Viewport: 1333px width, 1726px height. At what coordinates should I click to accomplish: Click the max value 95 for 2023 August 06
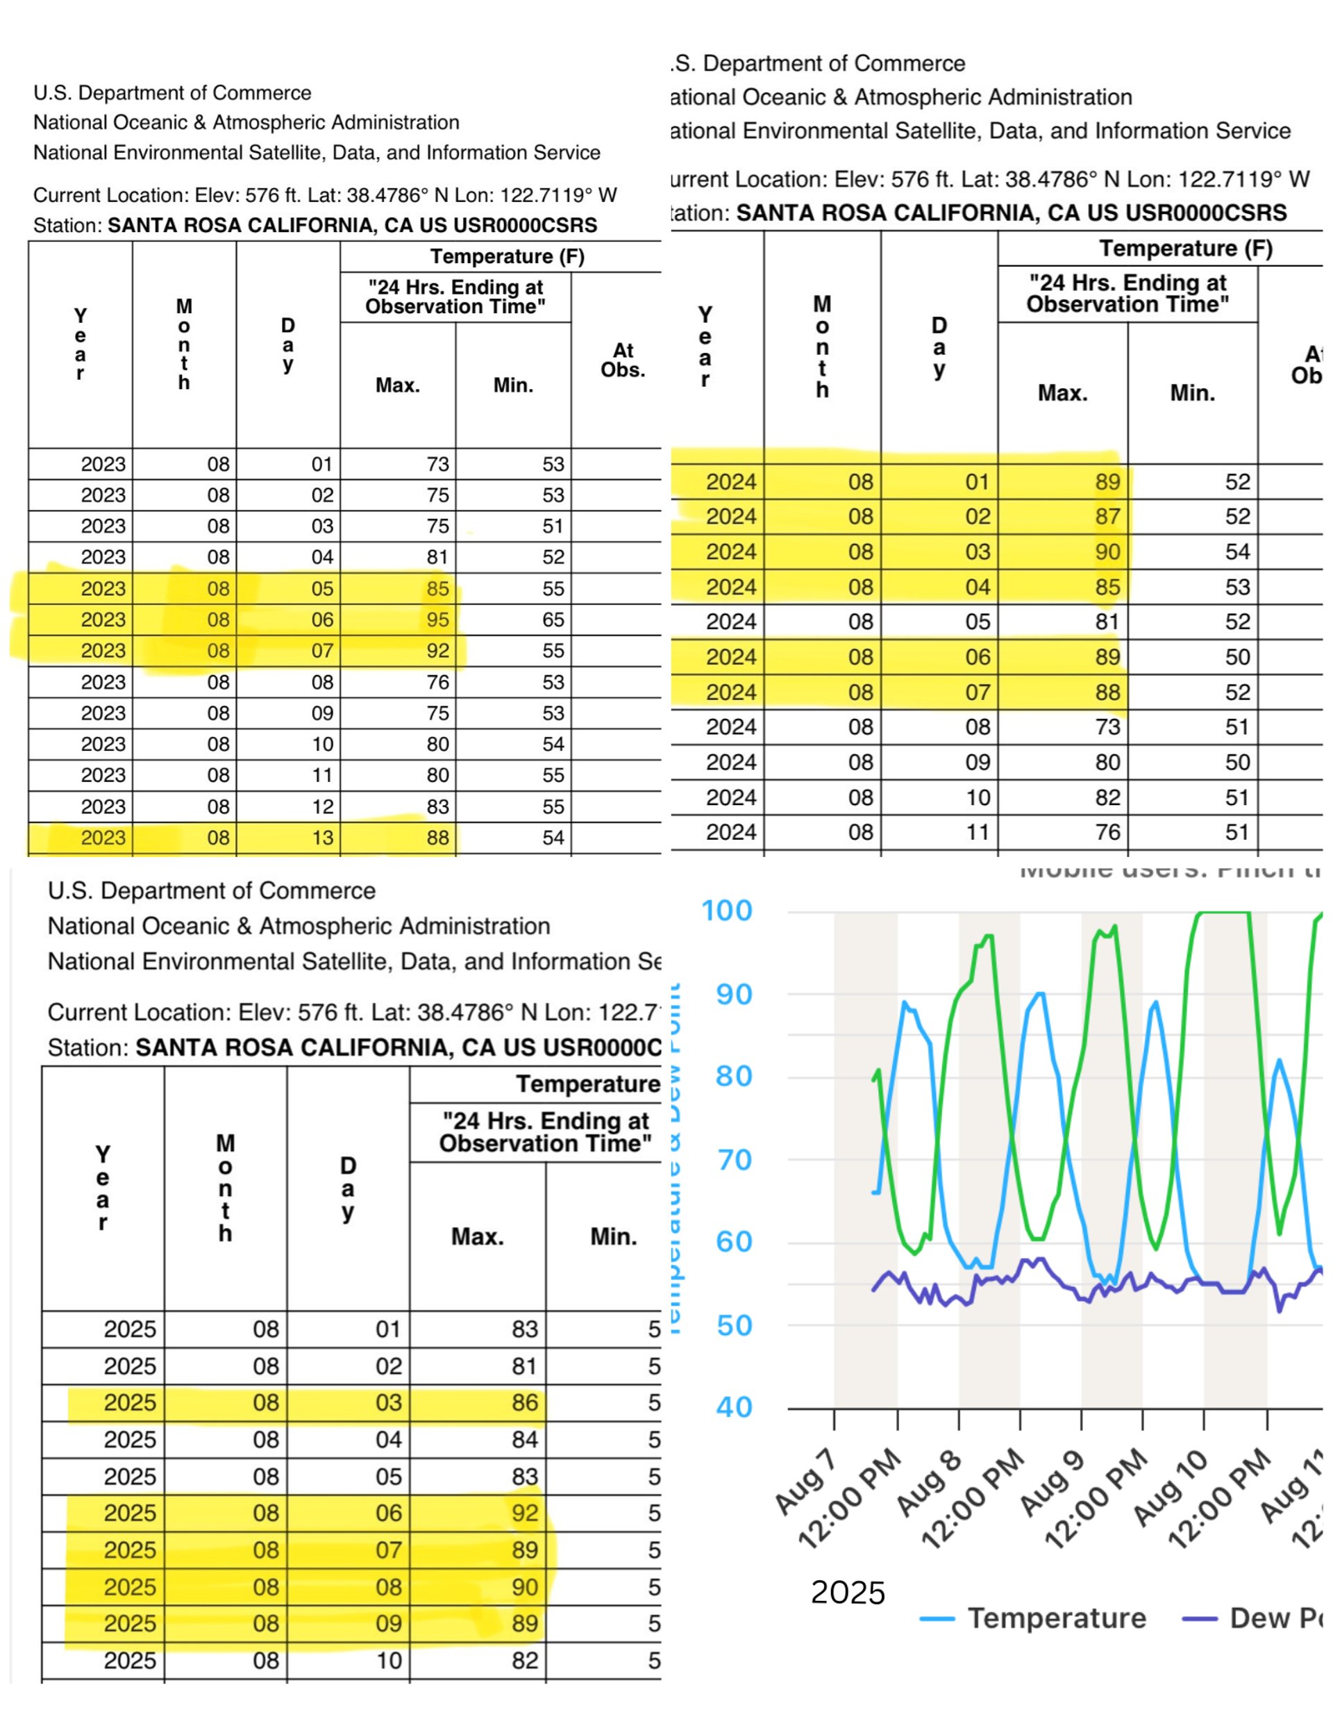pos(437,620)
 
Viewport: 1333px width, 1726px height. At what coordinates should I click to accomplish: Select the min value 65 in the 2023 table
pos(553,620)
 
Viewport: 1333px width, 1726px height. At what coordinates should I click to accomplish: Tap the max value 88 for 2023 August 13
pos(437,838)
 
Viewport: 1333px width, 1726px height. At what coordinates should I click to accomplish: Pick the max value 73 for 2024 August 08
pos(1107,727)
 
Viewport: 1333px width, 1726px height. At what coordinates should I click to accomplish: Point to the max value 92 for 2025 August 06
pos(524,1513)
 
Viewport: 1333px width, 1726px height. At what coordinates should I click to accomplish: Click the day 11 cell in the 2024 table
pos(978,832)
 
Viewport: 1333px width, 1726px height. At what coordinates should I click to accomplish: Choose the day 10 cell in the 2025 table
pos(388,1661)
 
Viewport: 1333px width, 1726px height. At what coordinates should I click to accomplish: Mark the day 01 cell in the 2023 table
pos(321,464)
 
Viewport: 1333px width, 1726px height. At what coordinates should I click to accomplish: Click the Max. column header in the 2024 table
pos(1062,392)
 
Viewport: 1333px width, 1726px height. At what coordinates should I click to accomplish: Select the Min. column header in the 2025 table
pos(613,1236)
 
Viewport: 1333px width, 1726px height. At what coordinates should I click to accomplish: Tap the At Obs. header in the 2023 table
pos(623,360)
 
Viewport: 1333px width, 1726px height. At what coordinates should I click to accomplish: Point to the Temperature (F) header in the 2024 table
pos(1185,248)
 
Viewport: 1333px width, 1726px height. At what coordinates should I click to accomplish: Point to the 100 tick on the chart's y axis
pos(726,911)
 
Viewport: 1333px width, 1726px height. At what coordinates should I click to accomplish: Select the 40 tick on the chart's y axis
pos(733,1407)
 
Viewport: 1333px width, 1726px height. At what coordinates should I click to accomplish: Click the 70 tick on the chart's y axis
pos(733,1160)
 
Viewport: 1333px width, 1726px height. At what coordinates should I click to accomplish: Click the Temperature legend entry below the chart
pos(1056,1618)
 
